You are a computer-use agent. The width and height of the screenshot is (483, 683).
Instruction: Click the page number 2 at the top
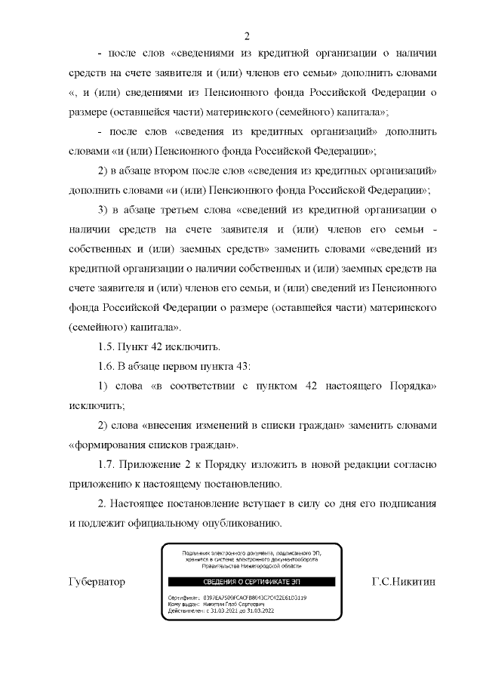pos(247,35)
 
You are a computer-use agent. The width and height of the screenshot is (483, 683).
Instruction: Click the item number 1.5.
pos(109,347)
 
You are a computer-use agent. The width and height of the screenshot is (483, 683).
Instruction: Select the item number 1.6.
pos(109,367)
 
